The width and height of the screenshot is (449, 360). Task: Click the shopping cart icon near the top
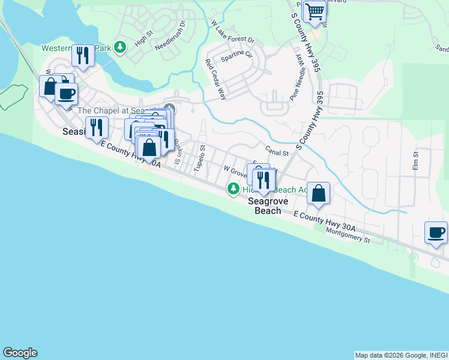click(315, 11)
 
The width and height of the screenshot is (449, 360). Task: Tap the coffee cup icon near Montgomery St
click(436, 232)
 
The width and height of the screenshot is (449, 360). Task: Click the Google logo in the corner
click(20, 353)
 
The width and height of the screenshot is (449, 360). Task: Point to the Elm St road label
click(415, 160)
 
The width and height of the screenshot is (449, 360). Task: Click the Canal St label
click(277, 153)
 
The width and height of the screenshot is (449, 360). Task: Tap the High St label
click(144, 39)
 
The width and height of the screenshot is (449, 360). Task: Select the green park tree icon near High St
click(121, 46)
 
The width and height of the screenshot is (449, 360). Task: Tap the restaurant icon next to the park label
click(82, 55)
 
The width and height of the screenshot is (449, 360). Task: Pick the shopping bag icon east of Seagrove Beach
click(319, 193)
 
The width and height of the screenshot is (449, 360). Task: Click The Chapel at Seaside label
click(120, 110)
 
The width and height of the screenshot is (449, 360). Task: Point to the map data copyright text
click(400, 355)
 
